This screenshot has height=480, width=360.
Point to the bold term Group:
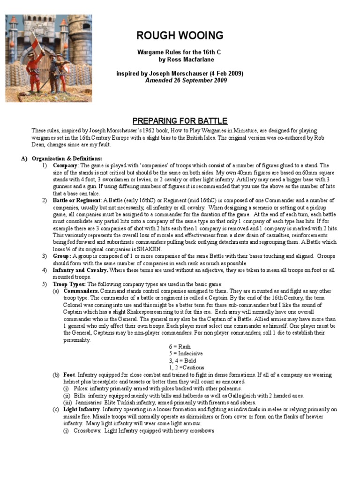point(63,256)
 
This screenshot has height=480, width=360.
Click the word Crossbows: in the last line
point(88,430)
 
